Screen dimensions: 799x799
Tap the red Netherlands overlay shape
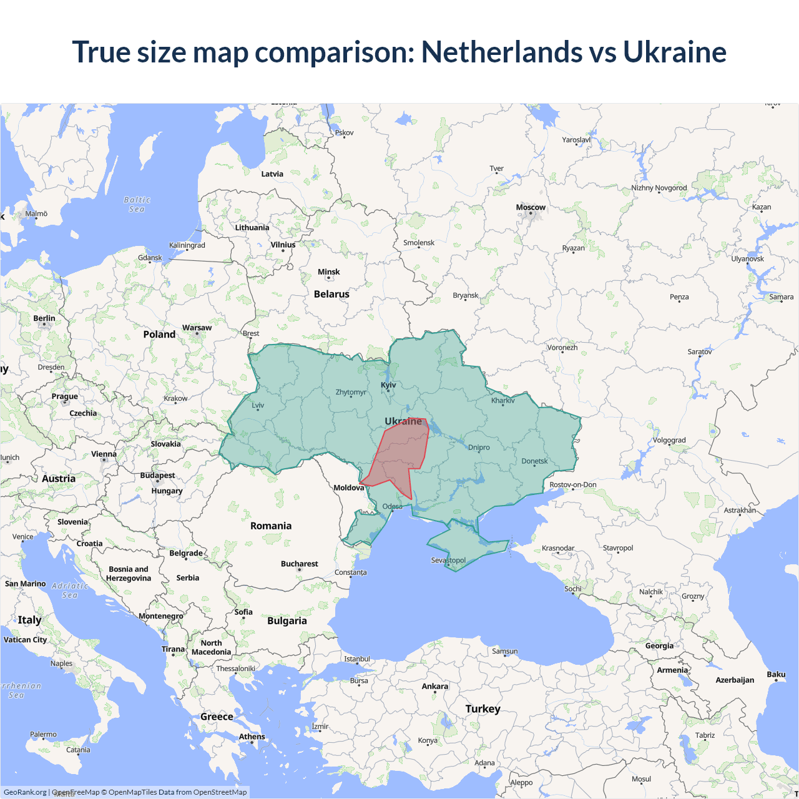(x=399, y=453)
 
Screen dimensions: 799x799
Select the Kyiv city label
(x=388, y=385)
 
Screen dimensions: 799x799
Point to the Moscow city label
(x=531, y=207)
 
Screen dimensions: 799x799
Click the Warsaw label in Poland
(x=197, y=328)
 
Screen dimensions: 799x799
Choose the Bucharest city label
(x=299, y=564)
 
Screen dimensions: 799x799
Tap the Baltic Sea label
(x=137, y=204)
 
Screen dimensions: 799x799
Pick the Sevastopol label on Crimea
(x=448, y=560)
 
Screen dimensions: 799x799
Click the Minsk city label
(x=328, y=272)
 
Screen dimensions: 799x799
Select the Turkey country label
(x=483, y=708)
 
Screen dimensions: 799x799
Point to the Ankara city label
(x=434, y=686)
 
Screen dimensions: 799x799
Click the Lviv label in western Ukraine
(x=258, y=405)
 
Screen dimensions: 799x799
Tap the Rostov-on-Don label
(x=572, y=484)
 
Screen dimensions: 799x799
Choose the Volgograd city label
(x=669, y=440)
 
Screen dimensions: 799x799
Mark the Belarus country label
(x=331, y=294)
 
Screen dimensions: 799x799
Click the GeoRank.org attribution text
(x=25, y=792)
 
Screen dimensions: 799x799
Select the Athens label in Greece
(x=252, y=737)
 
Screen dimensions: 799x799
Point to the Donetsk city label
(x=534, y=461)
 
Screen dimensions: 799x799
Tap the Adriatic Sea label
(x=70, y=590)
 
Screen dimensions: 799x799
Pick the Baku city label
(x=776, y=674)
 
